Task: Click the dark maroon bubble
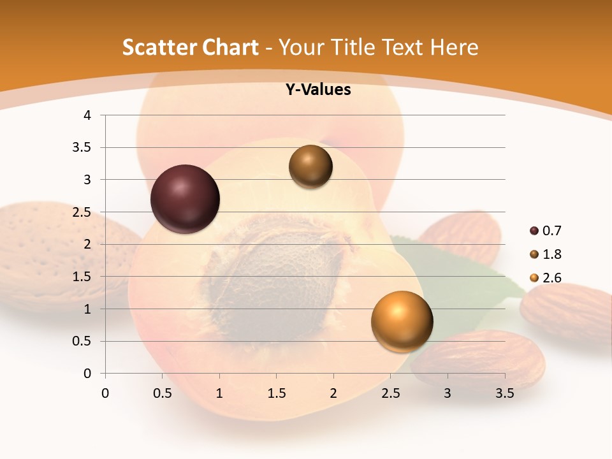click(x=186, y=199)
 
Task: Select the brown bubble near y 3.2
click(x=310, y=166)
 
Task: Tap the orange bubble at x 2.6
click(x=402, y=321)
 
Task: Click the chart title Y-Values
click(x=317, y=90)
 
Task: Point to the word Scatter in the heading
click(x=156, y=47)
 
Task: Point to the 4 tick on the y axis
click(x=88, y=115)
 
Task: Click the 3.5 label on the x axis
click(x=505, y=393)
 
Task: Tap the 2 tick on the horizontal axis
click(x=333, y=393)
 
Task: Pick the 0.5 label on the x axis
click(x=162, y=393)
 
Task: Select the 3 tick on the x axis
click(x=448, y=393)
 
